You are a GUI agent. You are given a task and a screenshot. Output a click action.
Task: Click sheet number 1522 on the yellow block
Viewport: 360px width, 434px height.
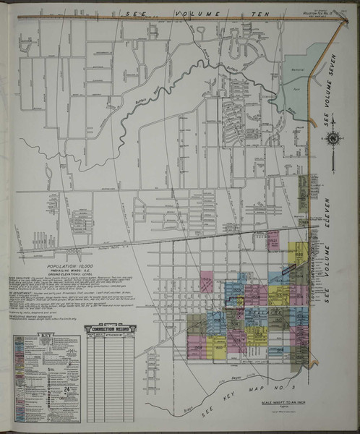click(297, 255)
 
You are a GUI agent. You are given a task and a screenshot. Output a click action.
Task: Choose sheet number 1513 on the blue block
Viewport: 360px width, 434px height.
click(233, 288)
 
